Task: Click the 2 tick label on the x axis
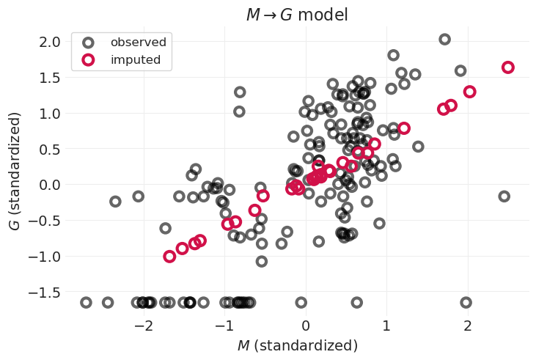pos(468,325)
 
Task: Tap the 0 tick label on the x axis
pos(306,325)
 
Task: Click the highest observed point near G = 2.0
pos(444,40)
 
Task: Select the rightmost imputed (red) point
pos(507,67)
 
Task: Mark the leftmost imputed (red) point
pos(169,257)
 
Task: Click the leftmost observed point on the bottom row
pos(86,302)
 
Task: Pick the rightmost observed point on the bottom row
pos(466,302)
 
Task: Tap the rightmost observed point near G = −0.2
pos(504,196)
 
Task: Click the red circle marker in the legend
pos(88,60)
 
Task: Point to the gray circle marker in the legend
pos(88,42)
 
